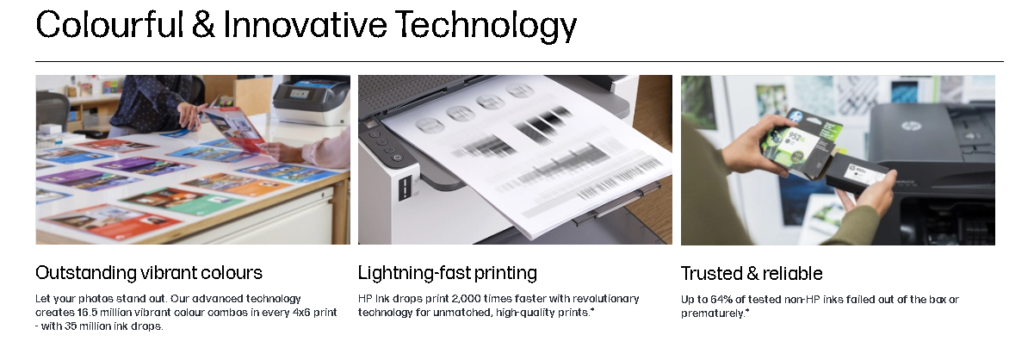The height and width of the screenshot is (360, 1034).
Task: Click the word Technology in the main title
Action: pos(486,25)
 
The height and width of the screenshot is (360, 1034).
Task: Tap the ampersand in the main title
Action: pos(203,24)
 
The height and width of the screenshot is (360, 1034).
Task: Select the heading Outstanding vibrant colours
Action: pos(149,272)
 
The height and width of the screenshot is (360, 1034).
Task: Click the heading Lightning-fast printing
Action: pos(448,273)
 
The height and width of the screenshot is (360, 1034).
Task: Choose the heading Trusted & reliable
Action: pos(752,273)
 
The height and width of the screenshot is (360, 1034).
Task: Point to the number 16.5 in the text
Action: pos(87,313)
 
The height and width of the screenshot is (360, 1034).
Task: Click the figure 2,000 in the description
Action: pos(465,299)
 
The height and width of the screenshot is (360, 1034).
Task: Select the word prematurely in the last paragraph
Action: pos(712,313)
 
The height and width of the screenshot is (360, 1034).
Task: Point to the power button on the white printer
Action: pos(398,158)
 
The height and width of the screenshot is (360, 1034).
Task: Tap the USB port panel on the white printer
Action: pos(405,188)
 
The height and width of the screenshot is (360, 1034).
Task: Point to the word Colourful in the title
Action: pos(110,24)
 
